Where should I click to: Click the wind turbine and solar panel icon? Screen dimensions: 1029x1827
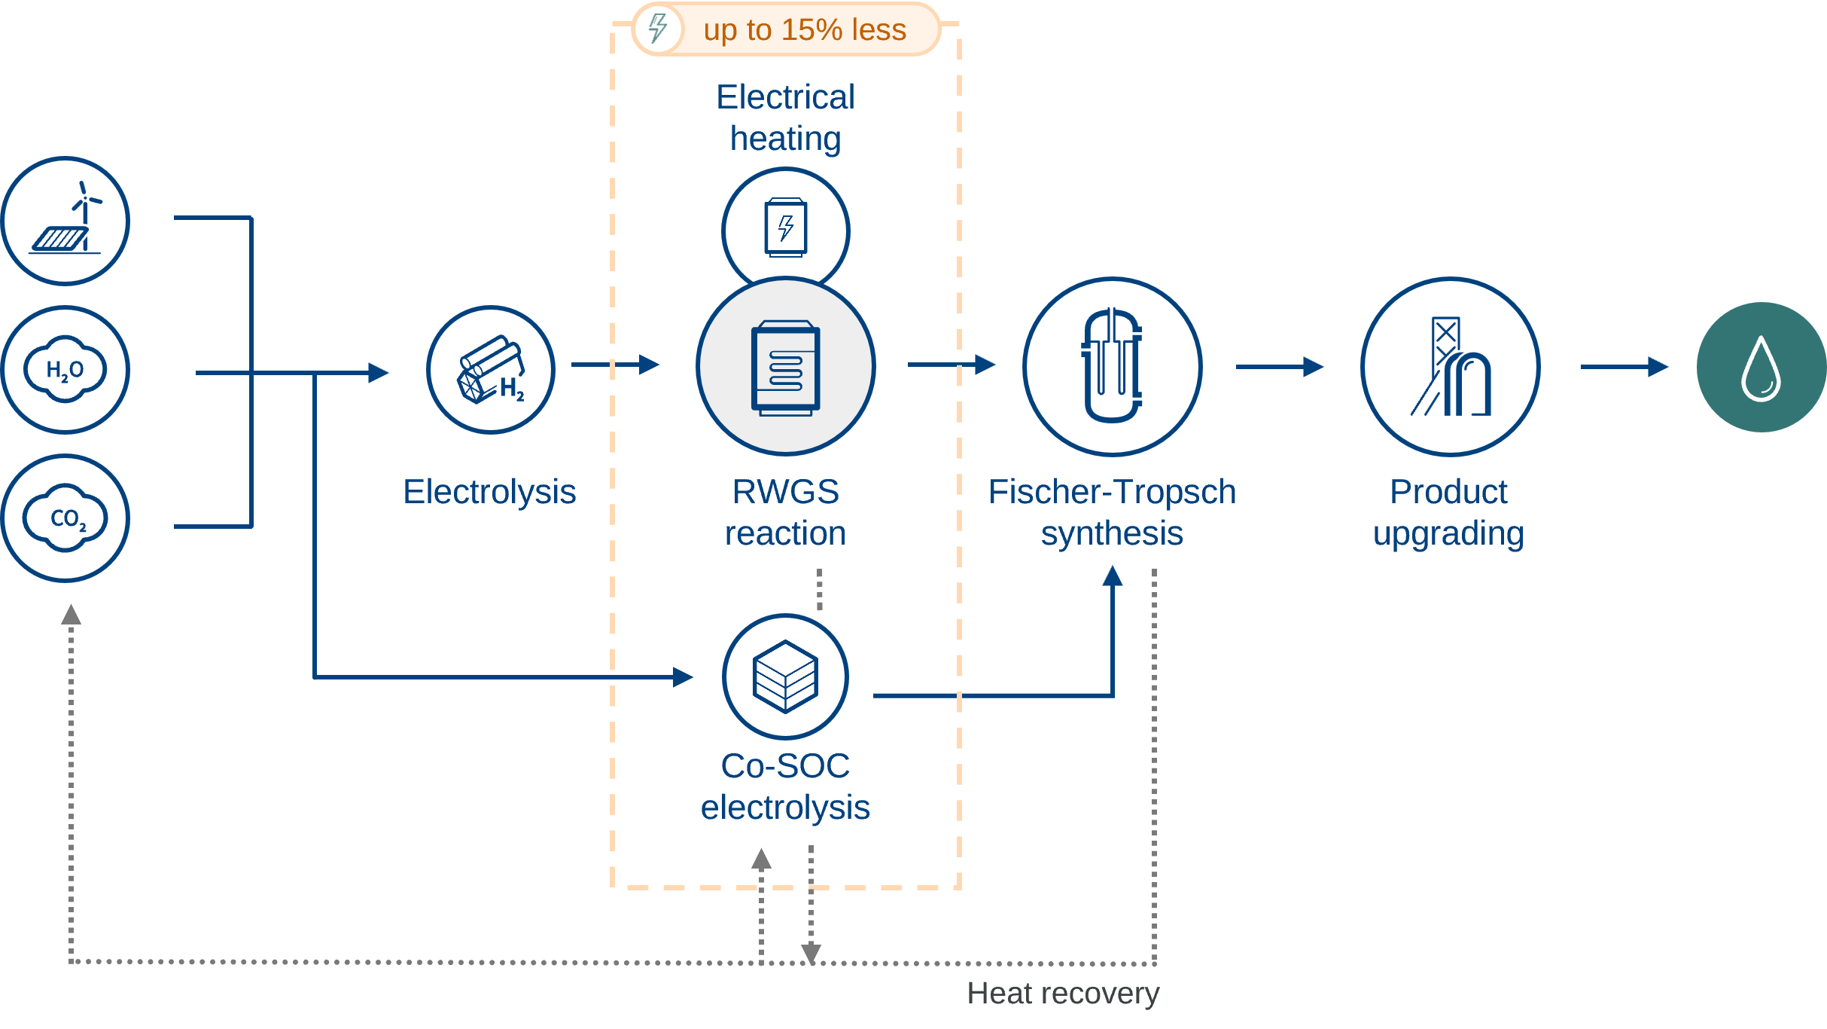tap(65, 221)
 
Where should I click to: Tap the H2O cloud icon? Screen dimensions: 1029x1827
tap(65, 369)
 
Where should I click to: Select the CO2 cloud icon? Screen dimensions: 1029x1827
tap(65, 518)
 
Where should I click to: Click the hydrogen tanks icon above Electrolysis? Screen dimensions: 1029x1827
tap(491, 369)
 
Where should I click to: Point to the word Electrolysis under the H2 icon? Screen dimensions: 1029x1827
tap(489, 492)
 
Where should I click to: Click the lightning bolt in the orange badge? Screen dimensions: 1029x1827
tap(658, 29)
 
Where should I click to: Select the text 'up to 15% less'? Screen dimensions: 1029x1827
tap(805, 30)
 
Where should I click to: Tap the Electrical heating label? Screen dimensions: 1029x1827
tap(785, 118)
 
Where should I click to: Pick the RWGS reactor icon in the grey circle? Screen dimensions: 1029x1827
tap(786, 368)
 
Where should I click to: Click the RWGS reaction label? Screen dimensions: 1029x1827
tap(785, 512)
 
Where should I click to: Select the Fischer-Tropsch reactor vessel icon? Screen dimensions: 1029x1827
tap(1112, 366)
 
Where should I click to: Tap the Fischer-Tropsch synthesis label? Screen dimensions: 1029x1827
tap(1112, 512)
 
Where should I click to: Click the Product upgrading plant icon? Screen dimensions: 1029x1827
tap(1451, 367)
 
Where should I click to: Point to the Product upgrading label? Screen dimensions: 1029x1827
tap(1448, 512)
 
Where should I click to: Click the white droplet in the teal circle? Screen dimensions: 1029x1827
tap(1761, 368)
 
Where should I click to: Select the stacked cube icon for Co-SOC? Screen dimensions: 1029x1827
tap(785, 676)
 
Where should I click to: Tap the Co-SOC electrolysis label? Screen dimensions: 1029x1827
tap(785, 786)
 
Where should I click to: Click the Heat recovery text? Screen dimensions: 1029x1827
tap(1063, 994)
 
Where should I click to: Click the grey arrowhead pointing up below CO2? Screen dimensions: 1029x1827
tap(71, 615)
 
